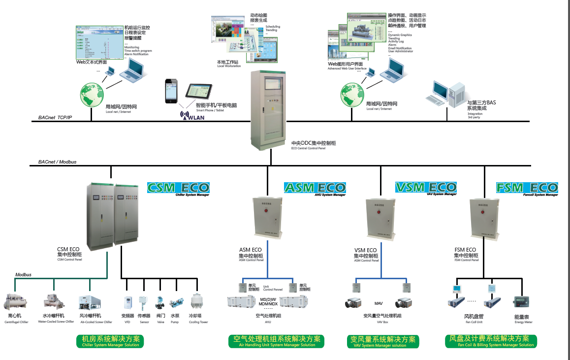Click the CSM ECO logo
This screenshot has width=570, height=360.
[x=178, y=188]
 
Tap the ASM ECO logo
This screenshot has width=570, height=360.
[x=315, y=188]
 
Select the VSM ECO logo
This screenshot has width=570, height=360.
[x=426, y=188]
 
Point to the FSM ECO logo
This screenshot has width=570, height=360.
[x=527, y=188]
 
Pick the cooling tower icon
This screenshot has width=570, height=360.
[x=198, y=301]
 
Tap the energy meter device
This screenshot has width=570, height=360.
[x=521, y=302]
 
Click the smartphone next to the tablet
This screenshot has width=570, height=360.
[x=171, y=91]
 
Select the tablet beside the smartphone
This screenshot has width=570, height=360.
[x=199, y=92]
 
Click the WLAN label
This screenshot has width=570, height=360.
[x=192, y=117]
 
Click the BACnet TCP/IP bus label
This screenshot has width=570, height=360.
[x=55, y=118]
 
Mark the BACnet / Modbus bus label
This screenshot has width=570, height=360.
[x=57, y=162]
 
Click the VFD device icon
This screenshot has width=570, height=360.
[x=127, y=302]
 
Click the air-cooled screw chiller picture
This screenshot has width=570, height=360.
[x=90, y=302]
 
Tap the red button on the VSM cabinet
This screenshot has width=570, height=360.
[x=379, y=213]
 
